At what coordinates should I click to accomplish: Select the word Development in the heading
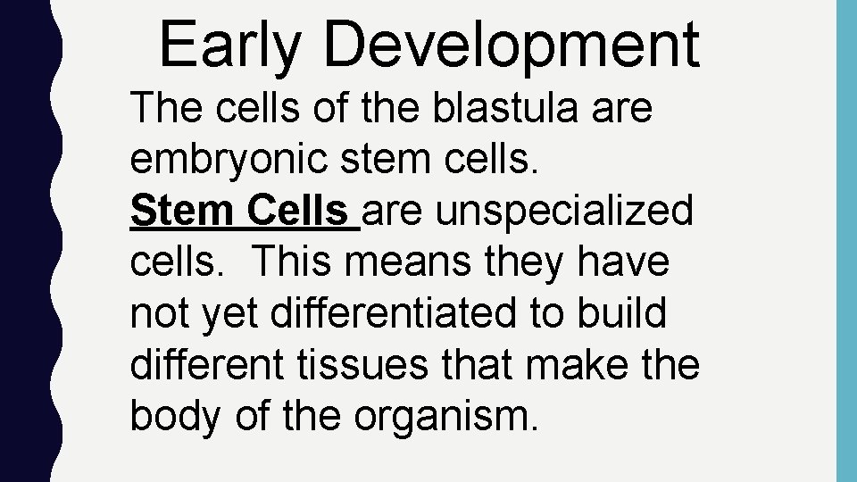coord(512,45)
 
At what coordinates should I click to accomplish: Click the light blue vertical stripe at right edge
coord(845,241)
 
